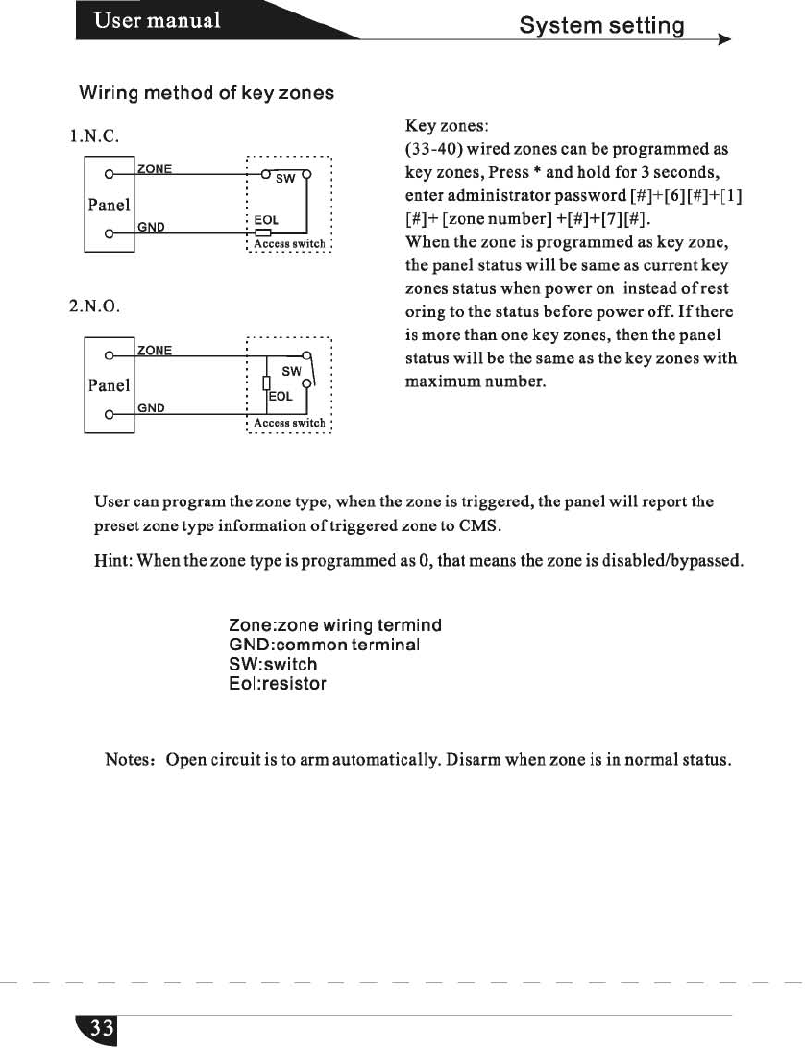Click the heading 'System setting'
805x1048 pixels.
click(600, 24)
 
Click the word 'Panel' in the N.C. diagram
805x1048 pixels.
click(108, 206)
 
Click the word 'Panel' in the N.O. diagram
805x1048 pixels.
click(108, 385)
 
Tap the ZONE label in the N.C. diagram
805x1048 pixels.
click(155, 168)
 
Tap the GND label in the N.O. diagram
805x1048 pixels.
click(150, 408)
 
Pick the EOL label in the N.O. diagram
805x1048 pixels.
click(281, 395)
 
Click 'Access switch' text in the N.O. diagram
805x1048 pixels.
click(289, 423)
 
